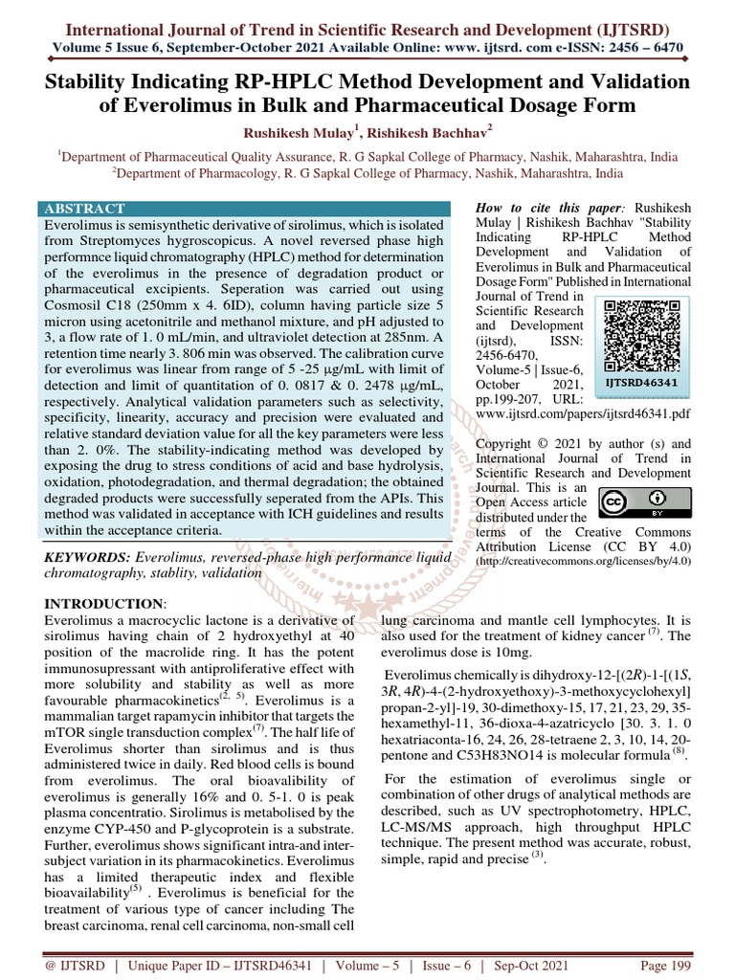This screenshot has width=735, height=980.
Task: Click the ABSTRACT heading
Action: point(84,209)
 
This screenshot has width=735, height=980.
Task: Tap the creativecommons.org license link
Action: point(583,562)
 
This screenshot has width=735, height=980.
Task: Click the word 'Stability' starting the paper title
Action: point(93,81)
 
